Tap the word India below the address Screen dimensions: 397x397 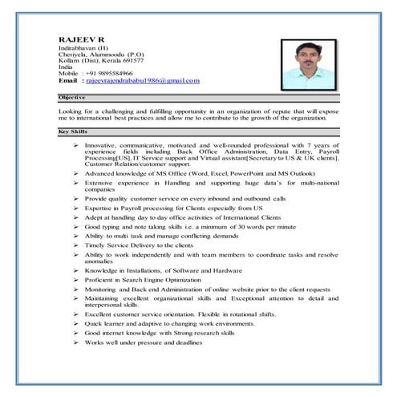[67, 67]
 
